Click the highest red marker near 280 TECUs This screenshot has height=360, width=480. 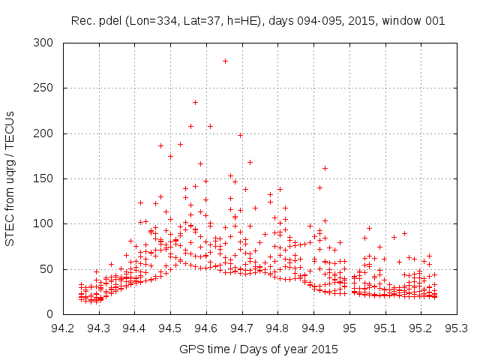point(225,61)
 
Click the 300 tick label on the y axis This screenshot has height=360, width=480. point(47,43)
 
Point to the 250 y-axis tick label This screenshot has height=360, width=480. point(47,88)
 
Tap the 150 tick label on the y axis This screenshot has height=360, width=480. point(47,178)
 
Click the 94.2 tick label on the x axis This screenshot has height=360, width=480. point(63,327)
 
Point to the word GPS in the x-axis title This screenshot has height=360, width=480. point(190,349)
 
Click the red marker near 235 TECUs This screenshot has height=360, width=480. point(195,102)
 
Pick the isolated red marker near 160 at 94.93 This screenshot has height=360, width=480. point(325,168)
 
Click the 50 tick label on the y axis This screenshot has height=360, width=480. point(49,268)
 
